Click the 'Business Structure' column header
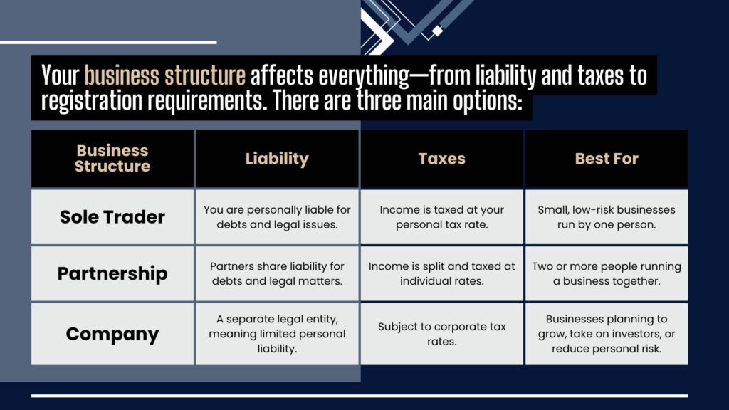[112, 159]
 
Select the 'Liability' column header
[277, 159]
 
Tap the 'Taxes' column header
[441, 159]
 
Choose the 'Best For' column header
[607, 159]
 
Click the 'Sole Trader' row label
[112, 217]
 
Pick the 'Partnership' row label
[112, 273]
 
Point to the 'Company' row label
[112, 334]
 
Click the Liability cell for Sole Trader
[277, 217]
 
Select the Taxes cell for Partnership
[441, 273]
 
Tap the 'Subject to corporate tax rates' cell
[441, 334]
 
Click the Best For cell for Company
[607, 334]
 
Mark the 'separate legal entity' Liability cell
[277, 334]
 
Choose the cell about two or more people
[607, 273]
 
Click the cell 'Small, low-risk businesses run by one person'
[607, 217]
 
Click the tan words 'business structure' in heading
[165, 75]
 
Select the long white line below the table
[360, 396]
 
